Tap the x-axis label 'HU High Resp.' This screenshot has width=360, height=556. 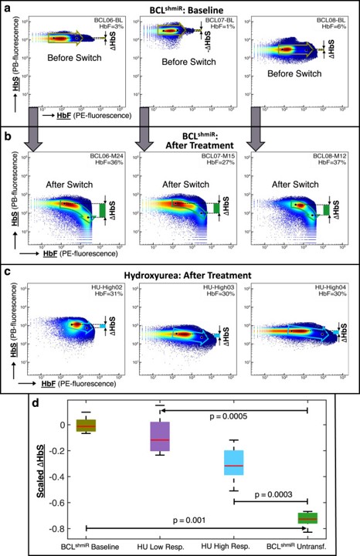tap(234, 546)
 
